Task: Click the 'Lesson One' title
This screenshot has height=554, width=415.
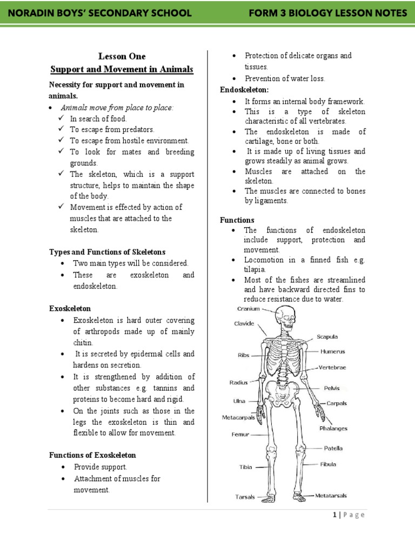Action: [122, 56]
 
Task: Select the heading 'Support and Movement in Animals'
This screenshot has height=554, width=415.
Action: [122, 70]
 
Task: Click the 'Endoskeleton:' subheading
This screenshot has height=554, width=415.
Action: [244, 89]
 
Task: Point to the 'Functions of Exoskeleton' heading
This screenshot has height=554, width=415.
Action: [92, 455]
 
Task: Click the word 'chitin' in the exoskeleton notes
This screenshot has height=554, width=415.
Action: [84, 343]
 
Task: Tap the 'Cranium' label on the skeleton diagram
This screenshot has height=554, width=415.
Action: [248, 309]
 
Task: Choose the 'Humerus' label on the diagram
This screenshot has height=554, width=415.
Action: [332, 351]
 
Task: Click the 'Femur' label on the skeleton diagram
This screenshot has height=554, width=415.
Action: [240, 434]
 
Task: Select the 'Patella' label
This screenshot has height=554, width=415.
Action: [333, 448]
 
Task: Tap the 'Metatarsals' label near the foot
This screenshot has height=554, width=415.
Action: [331, 496]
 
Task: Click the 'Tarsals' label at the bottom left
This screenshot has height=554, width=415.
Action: [245, 497]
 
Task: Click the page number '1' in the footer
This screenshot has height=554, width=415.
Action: [335, 515]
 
